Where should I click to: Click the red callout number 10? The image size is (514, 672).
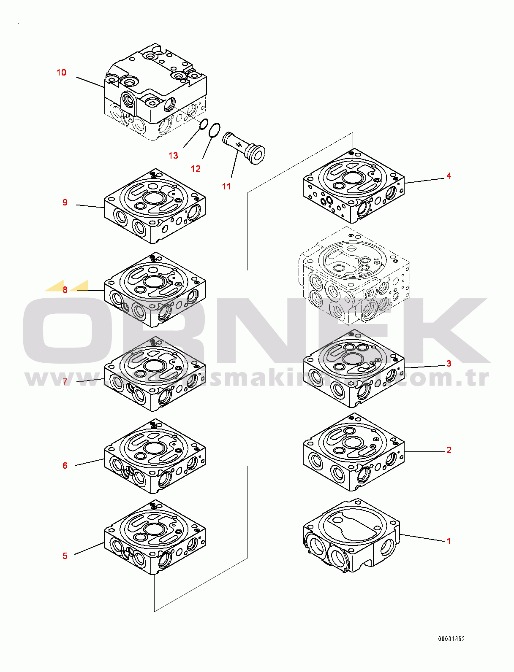coord(62,73)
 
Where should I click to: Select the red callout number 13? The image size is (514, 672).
coord(173,156)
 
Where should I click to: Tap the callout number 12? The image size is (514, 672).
coord(196,169)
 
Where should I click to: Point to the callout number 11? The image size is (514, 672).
coord(226,186)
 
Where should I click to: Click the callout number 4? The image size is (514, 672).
coord(449,176)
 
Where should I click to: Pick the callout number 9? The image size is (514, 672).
coord(65,202)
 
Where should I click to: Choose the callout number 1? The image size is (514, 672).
coord(449,541)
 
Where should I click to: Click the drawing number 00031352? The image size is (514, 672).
coord(451,639)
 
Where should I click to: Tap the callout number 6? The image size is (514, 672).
coord(65,466)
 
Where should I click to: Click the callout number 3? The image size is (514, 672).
coord(449,364)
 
